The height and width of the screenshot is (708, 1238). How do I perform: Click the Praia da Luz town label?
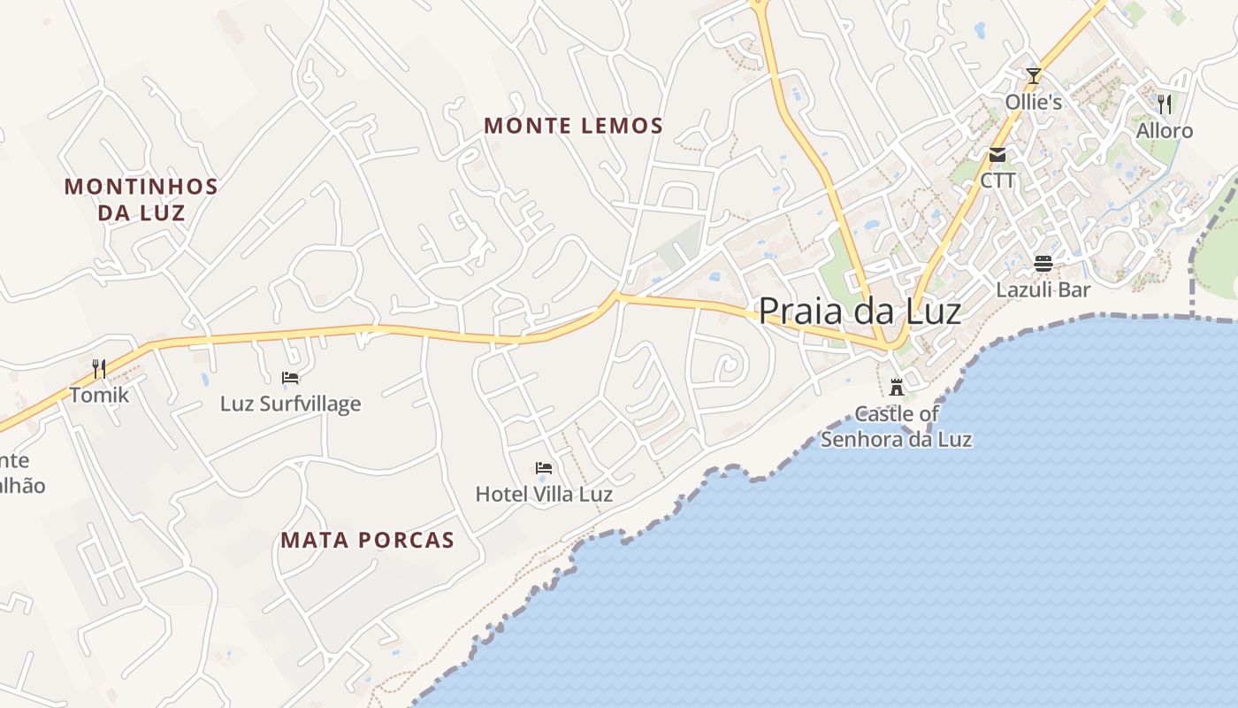[x=860, y=311]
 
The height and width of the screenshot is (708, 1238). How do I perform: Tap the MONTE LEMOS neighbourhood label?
[x=573, y=126]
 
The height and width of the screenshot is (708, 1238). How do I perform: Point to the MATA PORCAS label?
[x=367, y=540]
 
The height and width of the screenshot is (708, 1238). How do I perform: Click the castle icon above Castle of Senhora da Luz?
[x=897, y=387]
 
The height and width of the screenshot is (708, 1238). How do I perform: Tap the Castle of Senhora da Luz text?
[x=897, y=426]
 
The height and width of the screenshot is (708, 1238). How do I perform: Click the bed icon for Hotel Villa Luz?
[x=544, y=467]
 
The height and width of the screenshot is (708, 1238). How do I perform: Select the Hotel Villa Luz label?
[x=544, y=494]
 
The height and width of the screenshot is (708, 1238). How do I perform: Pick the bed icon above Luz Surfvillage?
[x=290, y=378]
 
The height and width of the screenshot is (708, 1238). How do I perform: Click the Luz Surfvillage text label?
[x=290, y=404]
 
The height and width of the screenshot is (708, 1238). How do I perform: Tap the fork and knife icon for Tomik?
[x=99, y=368]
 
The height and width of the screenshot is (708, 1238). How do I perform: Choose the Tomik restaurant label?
[x=99, y=395]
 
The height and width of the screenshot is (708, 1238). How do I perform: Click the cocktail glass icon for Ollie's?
[x=1033, y=75]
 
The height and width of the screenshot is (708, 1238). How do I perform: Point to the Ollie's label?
[x=1033, y=102]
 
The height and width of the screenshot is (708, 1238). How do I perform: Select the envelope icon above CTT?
[x=997, y=155]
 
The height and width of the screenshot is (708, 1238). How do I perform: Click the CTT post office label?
[x=997, y=181]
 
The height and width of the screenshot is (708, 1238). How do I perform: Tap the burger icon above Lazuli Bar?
[x=1043, y=263]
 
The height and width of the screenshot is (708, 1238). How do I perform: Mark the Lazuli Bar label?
[x=1043, y=289]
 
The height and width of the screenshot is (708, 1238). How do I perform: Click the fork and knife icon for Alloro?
[x=1165, y=104]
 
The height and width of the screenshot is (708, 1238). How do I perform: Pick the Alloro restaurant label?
[x=1165, y=131]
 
